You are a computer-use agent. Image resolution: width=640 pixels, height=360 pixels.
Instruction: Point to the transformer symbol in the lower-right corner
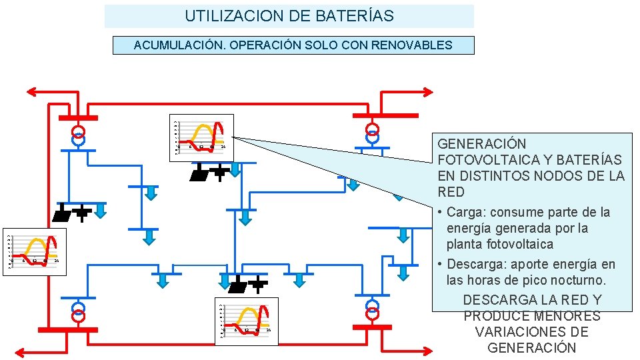tap(373, 309)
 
